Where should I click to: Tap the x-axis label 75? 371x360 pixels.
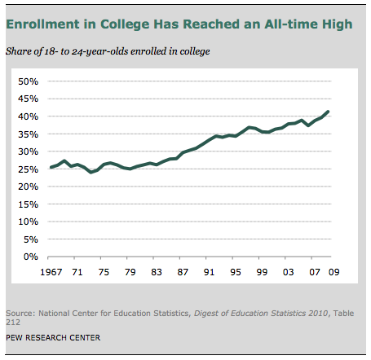click(x=104, y=273)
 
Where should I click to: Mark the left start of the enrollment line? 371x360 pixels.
click(x=51, y=168)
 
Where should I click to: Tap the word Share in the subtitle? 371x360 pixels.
click(x=20, y=52)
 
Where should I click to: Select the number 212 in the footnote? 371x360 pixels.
click(x=15, y=323)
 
